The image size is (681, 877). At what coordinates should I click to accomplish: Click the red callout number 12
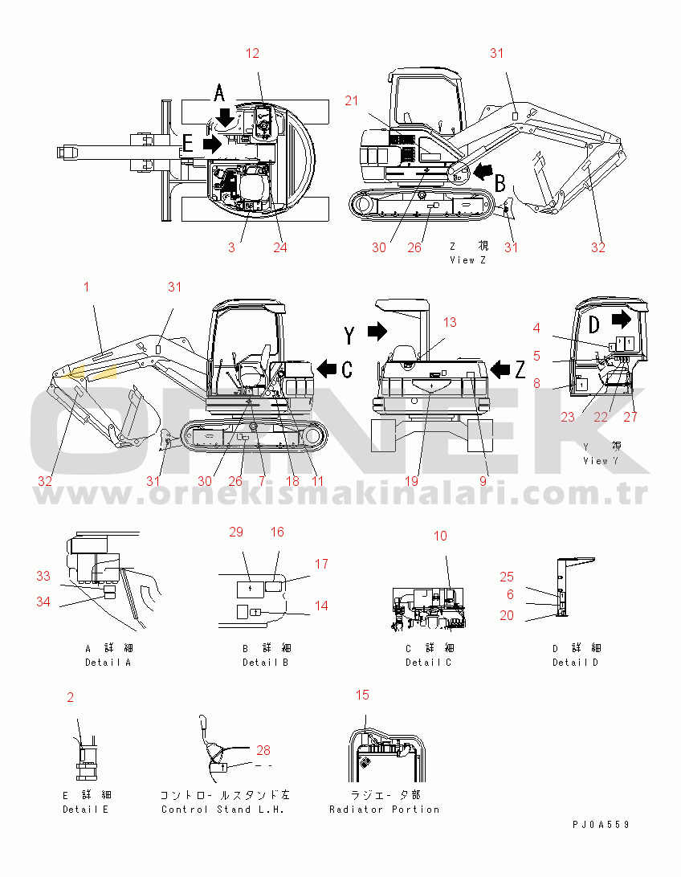(253, 53)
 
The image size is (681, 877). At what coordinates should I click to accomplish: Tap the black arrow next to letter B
(483, 171)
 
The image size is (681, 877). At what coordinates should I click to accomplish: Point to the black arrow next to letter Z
(500, 369)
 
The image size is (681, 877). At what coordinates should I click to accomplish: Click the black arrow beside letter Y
(377, 331)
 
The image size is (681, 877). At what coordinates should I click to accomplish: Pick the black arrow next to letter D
(622, 320)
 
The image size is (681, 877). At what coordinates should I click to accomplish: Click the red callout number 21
(351, 100)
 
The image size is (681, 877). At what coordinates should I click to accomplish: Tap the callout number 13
(450, 322)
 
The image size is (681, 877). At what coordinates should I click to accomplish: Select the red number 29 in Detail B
(236, 532)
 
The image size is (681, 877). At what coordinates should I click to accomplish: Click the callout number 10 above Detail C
(440, 536)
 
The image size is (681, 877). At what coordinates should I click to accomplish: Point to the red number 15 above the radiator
(362, 695)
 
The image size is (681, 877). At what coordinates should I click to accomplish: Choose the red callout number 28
(263, 750)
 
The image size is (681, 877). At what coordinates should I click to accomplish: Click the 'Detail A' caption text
(108, 663)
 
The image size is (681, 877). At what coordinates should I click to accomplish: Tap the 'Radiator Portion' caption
(384, 810)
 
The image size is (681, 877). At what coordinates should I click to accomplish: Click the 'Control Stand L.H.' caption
(222, 810)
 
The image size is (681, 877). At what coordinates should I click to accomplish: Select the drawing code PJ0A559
(601, 825)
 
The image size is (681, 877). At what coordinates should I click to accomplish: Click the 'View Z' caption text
(468, 260)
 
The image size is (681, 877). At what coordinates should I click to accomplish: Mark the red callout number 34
(43, 602)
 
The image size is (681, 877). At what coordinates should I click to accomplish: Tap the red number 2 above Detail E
(70, 697)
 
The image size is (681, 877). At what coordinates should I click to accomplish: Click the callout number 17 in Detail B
(321, 564)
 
